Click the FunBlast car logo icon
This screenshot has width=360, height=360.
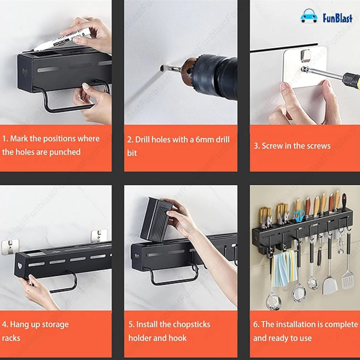point(309,16)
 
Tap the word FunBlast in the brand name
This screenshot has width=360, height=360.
point(337,18)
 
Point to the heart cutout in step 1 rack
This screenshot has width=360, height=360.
point(25,73)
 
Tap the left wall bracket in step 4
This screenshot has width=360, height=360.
point(10,247)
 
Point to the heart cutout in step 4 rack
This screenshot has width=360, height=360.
point(20,266)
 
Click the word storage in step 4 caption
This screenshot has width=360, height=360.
point(55,325)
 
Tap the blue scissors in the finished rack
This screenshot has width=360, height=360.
point(299,216)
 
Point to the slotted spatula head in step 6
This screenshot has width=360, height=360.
point(347,280)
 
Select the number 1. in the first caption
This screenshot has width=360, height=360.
point(5,139)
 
